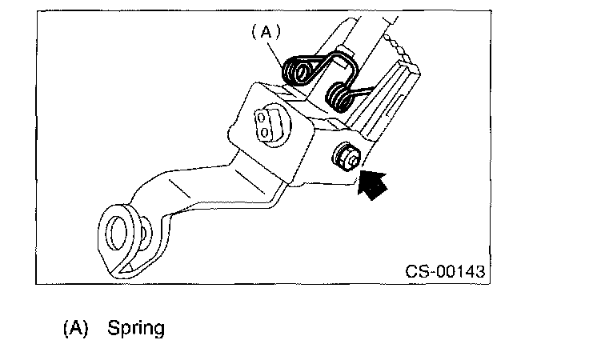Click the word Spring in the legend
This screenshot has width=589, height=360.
coord(136,328)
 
